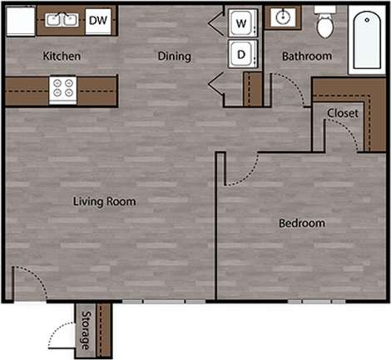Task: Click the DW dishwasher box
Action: [x=99, y=20]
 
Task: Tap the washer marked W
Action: [x=241, y=23]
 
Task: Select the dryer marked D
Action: [x=241, y=55]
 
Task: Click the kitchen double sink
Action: [x=61, y=20]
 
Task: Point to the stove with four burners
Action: [x=62, y=88]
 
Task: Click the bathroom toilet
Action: [x=324, y=24]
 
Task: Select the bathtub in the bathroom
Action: [x=365, y=40]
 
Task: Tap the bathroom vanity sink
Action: [x=283, y=18]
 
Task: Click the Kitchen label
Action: [x=62, y=57]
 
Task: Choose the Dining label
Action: [x=175, y=57]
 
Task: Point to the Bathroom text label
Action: [x=306, y=57]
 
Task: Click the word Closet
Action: [x=342, y=113]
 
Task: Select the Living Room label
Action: [x=104, y=201]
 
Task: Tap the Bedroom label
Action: [x=301, y=224]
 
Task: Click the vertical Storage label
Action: [x=86, y=330]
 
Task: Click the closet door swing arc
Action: [x=348, y=131]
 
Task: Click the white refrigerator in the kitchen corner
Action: [x=21, y=21]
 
